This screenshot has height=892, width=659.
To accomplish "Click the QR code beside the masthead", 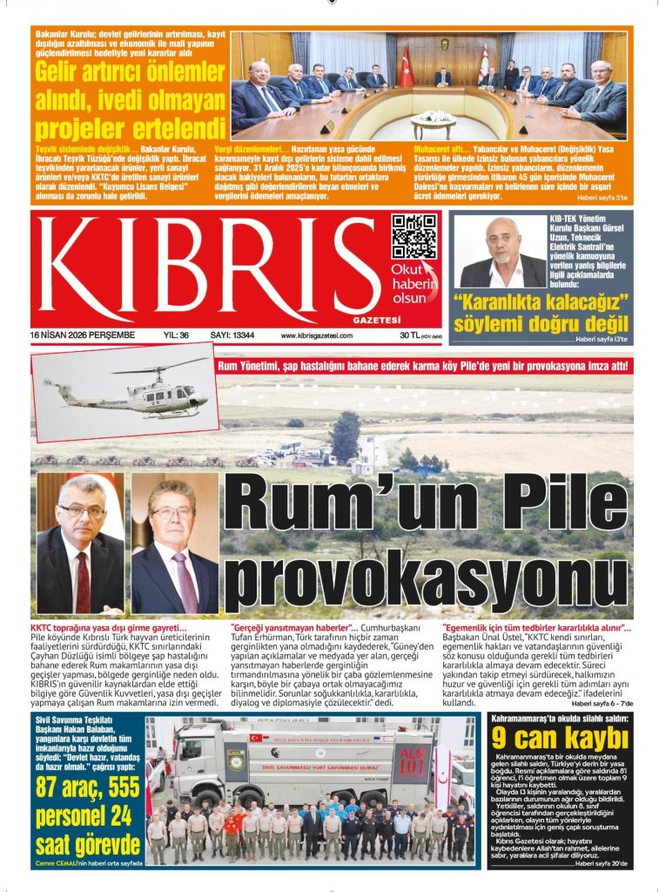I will click(414, 237).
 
